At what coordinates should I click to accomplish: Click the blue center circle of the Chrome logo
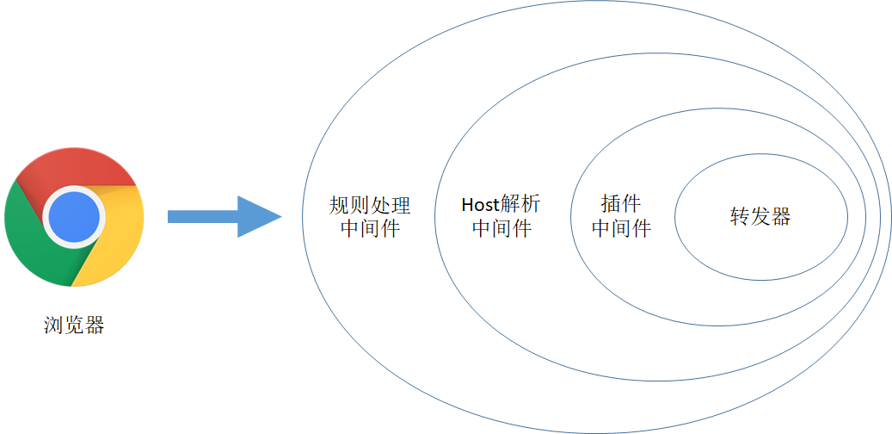click(73, 216)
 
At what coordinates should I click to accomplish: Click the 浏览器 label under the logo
click(74, 326)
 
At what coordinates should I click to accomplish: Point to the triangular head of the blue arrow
click(259, 216)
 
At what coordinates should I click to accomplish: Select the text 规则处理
click(370, 205)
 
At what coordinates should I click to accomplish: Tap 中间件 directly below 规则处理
click(370, 228)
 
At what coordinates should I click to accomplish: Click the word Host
click(480, 205)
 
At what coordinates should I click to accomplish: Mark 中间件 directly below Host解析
click(501, 228)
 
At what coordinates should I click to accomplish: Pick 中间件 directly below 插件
click(621, 228)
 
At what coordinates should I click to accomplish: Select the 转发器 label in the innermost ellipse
click(760, 216)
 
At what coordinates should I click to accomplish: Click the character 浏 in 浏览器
click(53, 326)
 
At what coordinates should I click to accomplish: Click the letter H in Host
click(467, 205)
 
